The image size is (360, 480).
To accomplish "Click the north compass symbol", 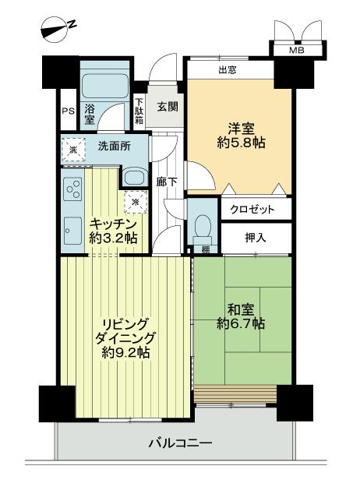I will [57, 29].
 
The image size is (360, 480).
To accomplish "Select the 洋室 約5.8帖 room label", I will [238, 135].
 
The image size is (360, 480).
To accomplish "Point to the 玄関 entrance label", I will [167, 107].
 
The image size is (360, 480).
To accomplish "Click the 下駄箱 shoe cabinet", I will [139, 111].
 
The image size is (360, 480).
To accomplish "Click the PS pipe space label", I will [68, 111].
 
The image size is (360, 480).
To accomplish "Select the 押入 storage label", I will [256, 237].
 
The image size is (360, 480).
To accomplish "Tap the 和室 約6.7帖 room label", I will [239, 316].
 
